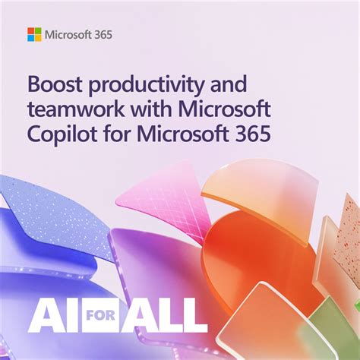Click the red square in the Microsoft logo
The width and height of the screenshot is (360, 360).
pos(31,31)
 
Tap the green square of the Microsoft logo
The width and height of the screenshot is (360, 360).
pos(38,31)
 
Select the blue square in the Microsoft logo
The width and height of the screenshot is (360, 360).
pos(31,38)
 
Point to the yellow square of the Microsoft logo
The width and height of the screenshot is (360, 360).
pos(38,38)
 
